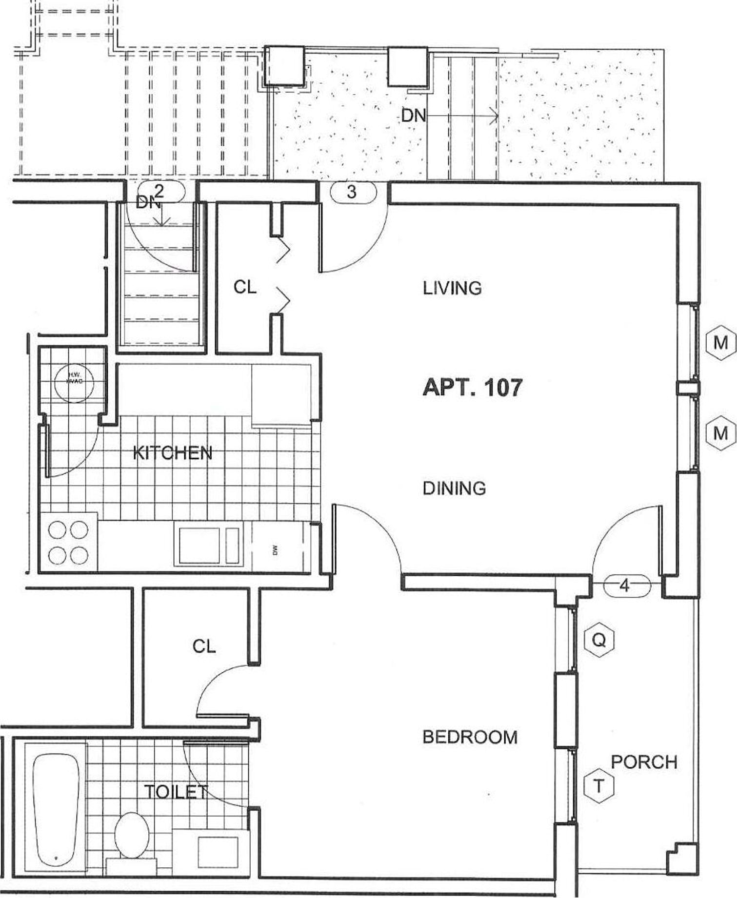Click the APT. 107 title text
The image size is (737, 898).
(x=472, y=388)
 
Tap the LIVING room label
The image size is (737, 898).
(x=452, y=288)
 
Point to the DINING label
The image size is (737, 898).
(x=454, y=488)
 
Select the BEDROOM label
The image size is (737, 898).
(x=470, y=737)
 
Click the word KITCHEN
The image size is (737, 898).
(x=173, y=453)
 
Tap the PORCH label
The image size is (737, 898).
(x=644, y=761)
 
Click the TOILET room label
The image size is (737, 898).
(x=176, y=792)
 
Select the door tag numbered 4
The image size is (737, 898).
(x=627, y=585)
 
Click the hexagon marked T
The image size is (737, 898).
(x=598, y=785)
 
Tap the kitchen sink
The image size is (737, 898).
(x=209, y=545)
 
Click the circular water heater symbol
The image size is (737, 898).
(x=74, y=377)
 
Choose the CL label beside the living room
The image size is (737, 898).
(x=245, y=287)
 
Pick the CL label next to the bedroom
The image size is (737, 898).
(x=204, y=646)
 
